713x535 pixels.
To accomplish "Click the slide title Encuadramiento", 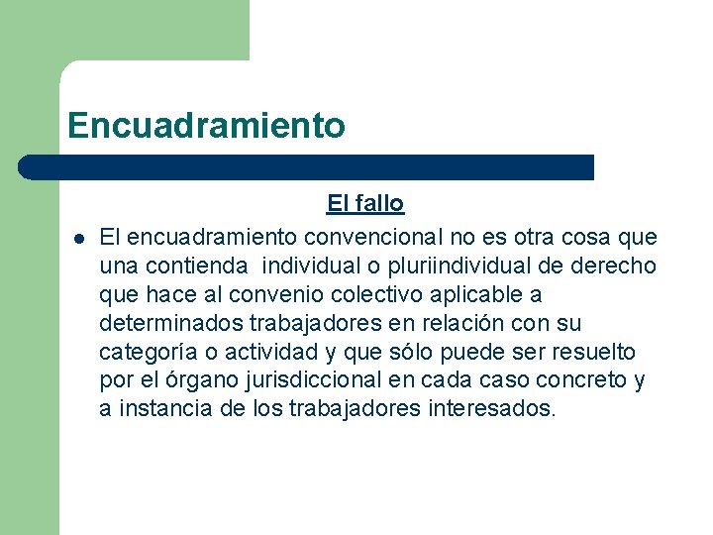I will click(206, 126).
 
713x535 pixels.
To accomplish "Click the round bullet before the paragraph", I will click(76, 238).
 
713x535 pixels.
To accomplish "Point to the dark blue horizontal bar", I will click(307, 166).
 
